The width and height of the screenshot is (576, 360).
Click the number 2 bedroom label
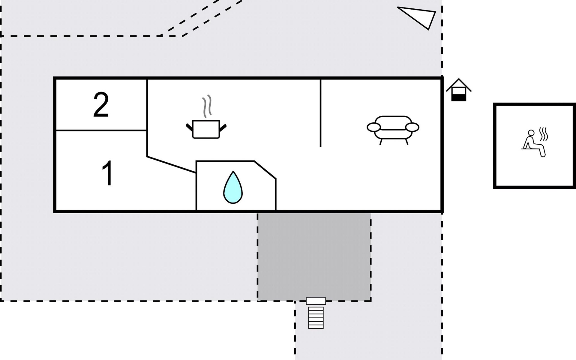pyautogui.click(x=101, y=105)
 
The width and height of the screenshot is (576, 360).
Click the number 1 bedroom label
pyautogui.click(x=107, y=173)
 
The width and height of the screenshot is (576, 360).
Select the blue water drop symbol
pyautogui.click(x=233, y=188)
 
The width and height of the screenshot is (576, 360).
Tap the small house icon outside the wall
pyautogui.click(x=459, y=90)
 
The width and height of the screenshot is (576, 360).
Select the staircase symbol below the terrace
pyautogui.click(x=316, y=317)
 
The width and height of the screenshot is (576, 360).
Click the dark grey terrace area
pyautogui.click(x=314, y=256)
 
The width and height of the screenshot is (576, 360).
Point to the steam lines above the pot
pyautogui.click(x=207, y=106)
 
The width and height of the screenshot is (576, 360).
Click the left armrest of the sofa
pyautogui.click(x=373, y=127)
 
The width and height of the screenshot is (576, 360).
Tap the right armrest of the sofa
pyautogui.click(x=412, y=127)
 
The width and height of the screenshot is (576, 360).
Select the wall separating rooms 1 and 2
pyautogui.click(x=101, y=130)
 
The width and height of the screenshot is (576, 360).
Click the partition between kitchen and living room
pyautogui.click(x=320, y=113)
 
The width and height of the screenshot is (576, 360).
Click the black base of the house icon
pyautogui.click(x=459, y=98)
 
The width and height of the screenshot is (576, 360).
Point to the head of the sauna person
pyautogui.click(x=531, y=133)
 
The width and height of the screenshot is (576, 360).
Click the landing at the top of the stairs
pyautogui.click(x=316, y=301)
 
